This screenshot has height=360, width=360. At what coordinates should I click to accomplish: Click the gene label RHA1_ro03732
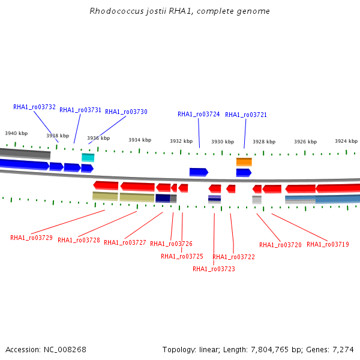[34, 107]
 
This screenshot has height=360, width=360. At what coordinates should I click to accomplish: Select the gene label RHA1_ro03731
[80, 110]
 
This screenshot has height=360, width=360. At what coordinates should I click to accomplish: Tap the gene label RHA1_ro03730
[126, 112]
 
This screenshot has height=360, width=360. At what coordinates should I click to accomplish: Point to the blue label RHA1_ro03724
[199, 114]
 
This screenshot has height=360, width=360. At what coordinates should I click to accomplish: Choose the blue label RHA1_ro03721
[246, 115]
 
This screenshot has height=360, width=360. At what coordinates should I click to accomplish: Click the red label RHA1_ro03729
[31, 238]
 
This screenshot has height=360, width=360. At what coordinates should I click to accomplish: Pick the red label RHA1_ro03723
[214, 269]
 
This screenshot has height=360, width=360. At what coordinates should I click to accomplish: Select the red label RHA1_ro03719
[328, 244]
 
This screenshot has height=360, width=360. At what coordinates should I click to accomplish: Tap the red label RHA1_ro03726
[171, 244]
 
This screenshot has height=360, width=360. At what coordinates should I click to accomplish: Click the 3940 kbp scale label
[16, 133]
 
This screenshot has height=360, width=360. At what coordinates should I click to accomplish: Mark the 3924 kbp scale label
[346, 141]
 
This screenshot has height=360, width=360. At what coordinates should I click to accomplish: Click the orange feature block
[244, 161]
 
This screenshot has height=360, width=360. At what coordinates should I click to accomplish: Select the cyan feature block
[88, 157]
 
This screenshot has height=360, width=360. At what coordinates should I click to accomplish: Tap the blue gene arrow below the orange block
[243, 173]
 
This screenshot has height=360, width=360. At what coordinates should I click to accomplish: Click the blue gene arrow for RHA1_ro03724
[198, 172]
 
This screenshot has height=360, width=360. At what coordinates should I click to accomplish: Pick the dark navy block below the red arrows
[163, 198]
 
